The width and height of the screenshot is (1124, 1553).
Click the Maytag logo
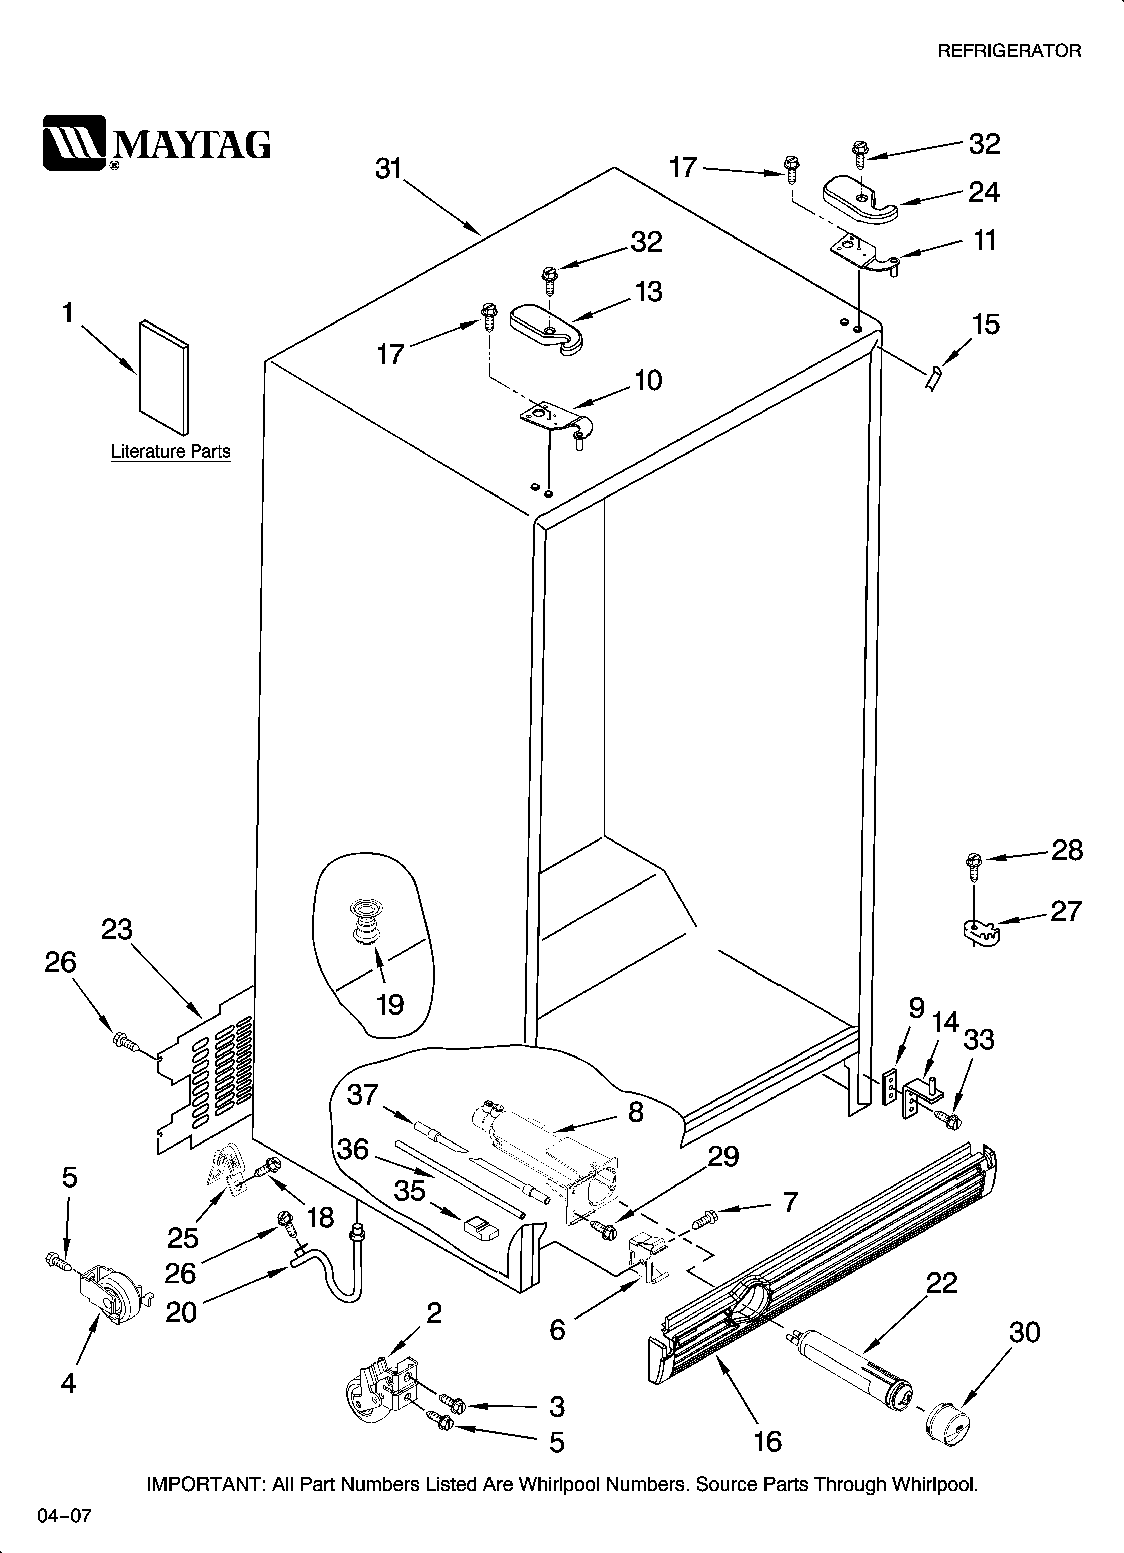156,142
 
